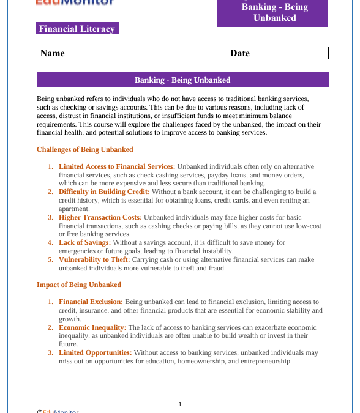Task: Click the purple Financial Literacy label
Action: click(x=77, y=29)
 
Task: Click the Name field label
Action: click(x=53, y=53)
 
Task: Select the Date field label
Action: click(x=240, y=53)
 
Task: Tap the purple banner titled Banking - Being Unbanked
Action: click(x=182, y=80)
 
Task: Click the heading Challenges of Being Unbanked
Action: click(x=84, y=149)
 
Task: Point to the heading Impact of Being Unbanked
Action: click(x=79, y=285)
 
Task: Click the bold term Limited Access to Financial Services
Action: click(x=117, y=166)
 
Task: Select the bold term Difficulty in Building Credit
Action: click(x=104, y=192)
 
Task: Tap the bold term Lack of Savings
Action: click(x=85, y=242)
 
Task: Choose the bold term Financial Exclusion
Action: click(x=91, y=302)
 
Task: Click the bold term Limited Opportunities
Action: click(x=96, y=352)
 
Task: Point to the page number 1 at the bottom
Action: click(x=180, y=404)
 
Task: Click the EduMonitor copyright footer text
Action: click(x=58, y=411)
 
